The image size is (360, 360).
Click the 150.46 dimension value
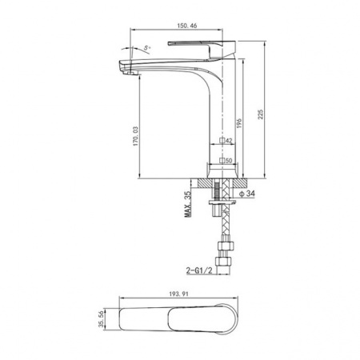(x=187, y=26)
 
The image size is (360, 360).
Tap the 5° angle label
(x=147, y=48)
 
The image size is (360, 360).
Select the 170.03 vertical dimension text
(x=136, y=136)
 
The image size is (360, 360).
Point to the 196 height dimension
(x=239, y=123)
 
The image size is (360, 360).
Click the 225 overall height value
(x=260, y=114)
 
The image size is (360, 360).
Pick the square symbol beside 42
(x=222, y=140)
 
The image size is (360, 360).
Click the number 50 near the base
(x=229, y=161)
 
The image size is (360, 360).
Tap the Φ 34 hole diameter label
(x=247, y=194)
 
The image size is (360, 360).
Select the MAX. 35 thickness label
(x=188, y=204)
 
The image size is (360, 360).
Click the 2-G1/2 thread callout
(x=199, y=270)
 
